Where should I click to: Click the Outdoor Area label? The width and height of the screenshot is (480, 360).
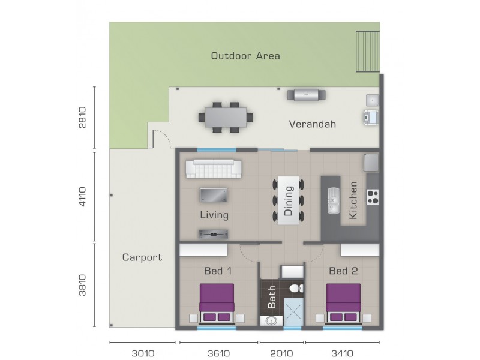pyautogui.click(x=245, y=56)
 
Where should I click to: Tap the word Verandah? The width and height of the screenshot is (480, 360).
pyautogui.click(x=312, y=125)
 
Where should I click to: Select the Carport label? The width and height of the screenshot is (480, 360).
pyautogui.click(x=142, y=257)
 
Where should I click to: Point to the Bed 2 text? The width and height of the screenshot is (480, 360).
pyautogui.click(x=343, y=271)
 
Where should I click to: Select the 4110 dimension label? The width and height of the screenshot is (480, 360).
pyautogui.click(x=82, y=197)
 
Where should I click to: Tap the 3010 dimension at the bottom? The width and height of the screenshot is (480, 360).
pyautogui.click(x=142, y=353)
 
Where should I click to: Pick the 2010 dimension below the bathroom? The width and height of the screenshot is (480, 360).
pyautogui.click(x=282, y=353)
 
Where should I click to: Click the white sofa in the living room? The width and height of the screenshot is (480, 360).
pyautogui.click(x=213, y=169)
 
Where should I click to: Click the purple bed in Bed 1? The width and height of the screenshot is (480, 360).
pyautogui.click(x=217, y=303)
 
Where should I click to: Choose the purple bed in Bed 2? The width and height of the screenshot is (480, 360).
pyautogui.click(x=343, y=303)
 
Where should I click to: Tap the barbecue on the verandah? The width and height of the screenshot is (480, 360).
pyautogui.click(x=306, y=94)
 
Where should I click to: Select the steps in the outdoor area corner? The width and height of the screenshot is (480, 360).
pyautogui.click(x=367, y=52)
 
